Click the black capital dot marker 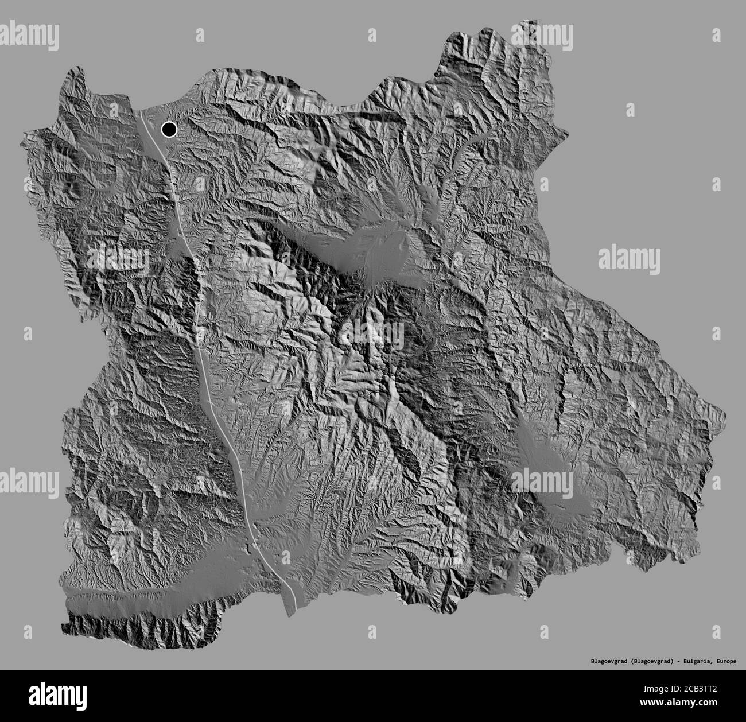tap(169, 130)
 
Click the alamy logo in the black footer tap(57, 696)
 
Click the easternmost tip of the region tap(724, 409)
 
